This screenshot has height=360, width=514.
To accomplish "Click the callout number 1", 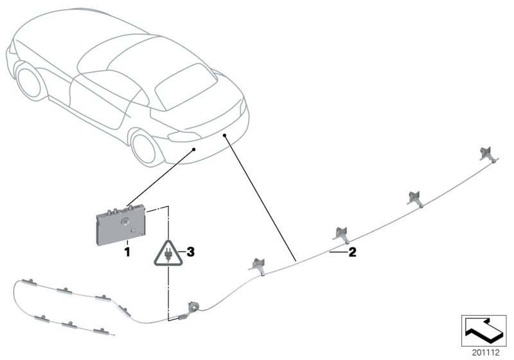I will point(127,253).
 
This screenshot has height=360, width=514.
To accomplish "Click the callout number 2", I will point(351,253).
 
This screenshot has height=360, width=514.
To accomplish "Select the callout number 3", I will point(189,252).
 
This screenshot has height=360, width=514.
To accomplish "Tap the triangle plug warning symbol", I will point(168,253).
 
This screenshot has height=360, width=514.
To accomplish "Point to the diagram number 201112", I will point(486,352).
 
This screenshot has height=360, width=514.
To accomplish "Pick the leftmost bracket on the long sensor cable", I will point(258,265).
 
